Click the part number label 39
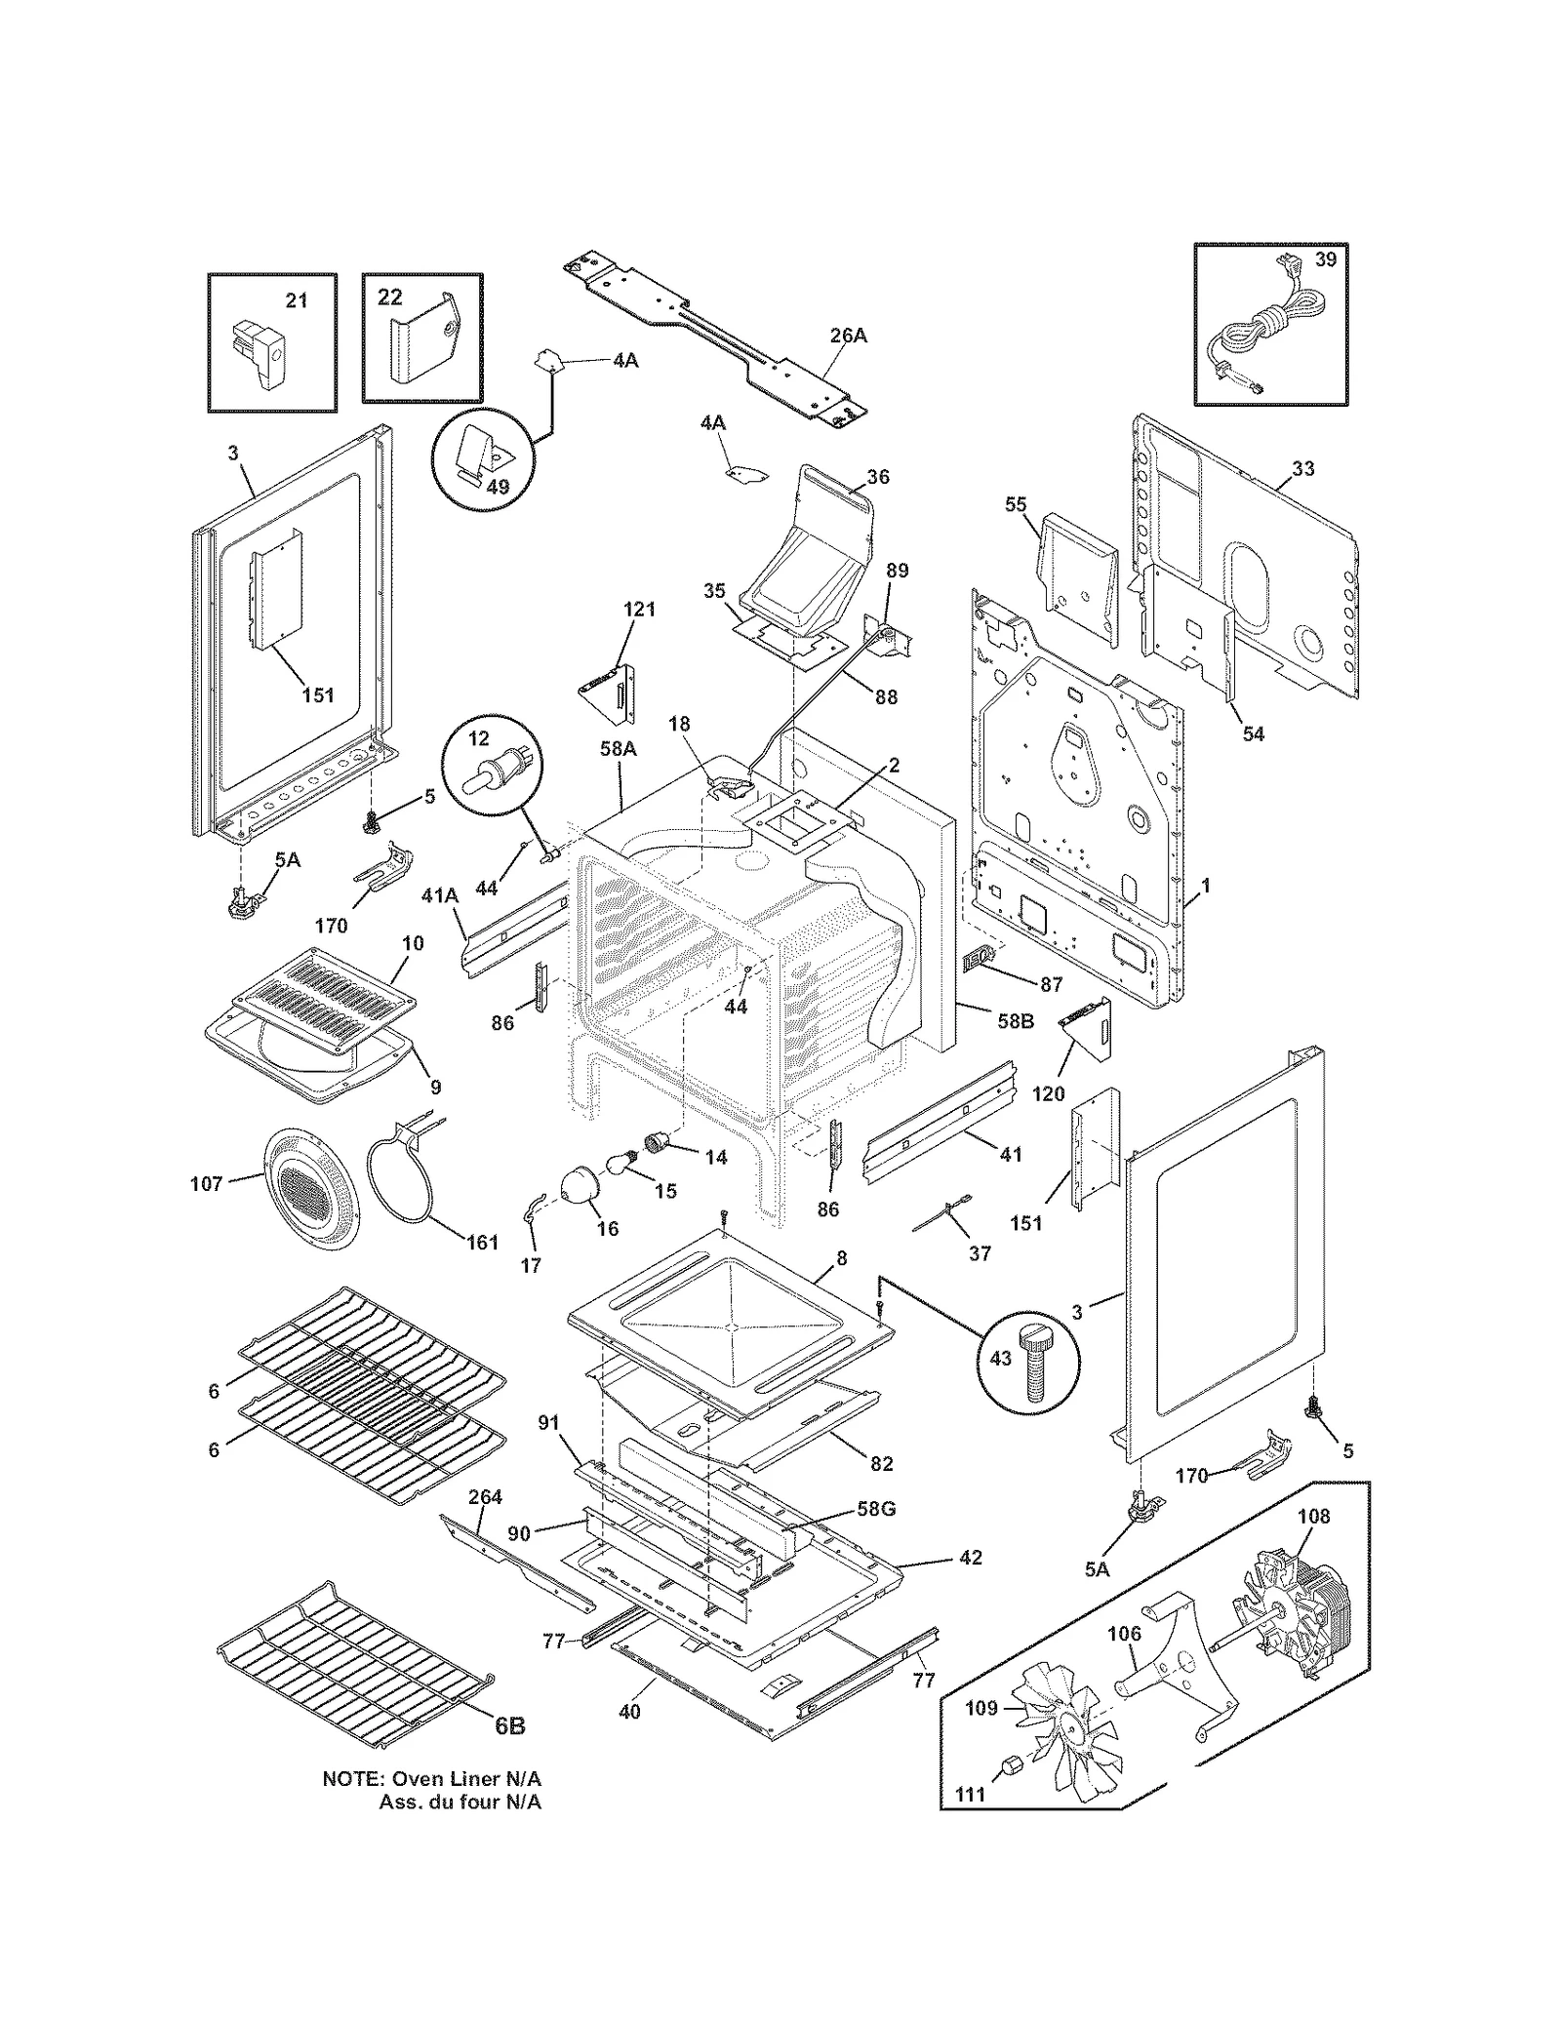(x=1325, y=259)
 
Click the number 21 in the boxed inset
(x=297, y=301)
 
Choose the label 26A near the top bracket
(x=848, y=336)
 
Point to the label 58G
(x=875, y=1509)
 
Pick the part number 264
(x=485, y=1497)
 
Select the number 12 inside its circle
(x=478, y=739)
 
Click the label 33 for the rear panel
(x=1302, y=469)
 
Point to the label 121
(x=639, y=610)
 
